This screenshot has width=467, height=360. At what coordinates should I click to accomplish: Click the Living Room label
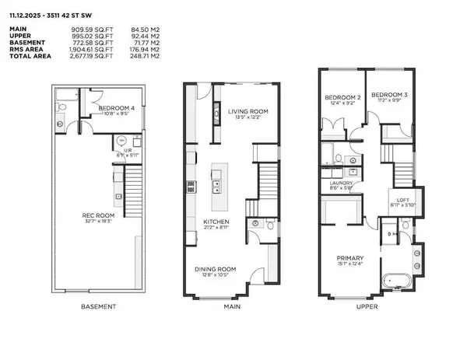point(247,112)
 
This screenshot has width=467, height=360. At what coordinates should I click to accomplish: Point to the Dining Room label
point(214,269)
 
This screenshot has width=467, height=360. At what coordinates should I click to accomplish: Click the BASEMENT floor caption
point(99,307)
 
